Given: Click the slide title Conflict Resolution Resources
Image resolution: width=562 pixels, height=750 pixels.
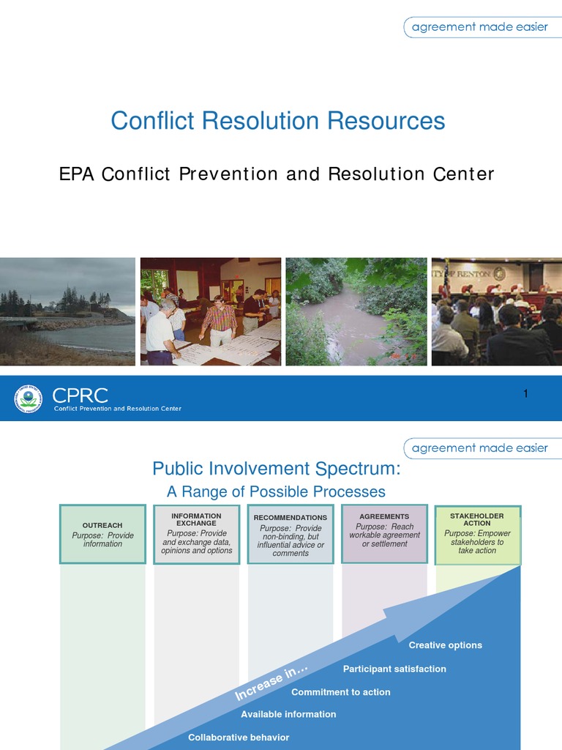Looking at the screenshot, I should (277, 121).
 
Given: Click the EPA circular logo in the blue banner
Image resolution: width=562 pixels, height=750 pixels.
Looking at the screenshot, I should (29, 398).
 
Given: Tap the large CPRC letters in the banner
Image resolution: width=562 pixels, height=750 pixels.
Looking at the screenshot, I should (80, 396).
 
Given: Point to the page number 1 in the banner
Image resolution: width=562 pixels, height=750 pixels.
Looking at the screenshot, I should (525, 395).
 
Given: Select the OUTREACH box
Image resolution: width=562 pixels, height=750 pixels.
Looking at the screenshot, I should (102, 534).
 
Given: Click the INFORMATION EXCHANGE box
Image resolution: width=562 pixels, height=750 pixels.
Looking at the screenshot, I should (197, 534).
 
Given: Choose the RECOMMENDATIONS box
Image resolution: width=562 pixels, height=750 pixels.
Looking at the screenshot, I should (291, 534).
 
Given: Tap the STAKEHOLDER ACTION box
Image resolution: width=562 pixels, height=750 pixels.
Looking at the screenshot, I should (477, 534).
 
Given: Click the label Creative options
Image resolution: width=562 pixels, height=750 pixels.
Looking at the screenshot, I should (445, 645).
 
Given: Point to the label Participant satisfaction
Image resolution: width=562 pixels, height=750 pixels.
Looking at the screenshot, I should (394, 669).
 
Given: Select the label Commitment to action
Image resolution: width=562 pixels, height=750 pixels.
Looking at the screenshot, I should (340, 692).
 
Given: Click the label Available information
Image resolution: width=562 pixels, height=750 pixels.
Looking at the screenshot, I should (288, 714).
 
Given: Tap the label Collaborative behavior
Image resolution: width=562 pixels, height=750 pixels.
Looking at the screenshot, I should (239, 738).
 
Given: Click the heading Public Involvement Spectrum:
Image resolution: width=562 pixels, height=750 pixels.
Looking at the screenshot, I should (276, 469).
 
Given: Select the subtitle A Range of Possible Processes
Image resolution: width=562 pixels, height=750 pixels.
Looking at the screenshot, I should (276, 491).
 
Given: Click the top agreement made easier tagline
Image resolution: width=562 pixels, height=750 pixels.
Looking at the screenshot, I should (479, 27).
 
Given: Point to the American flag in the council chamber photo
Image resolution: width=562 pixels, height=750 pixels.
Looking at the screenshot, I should (444, 278).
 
